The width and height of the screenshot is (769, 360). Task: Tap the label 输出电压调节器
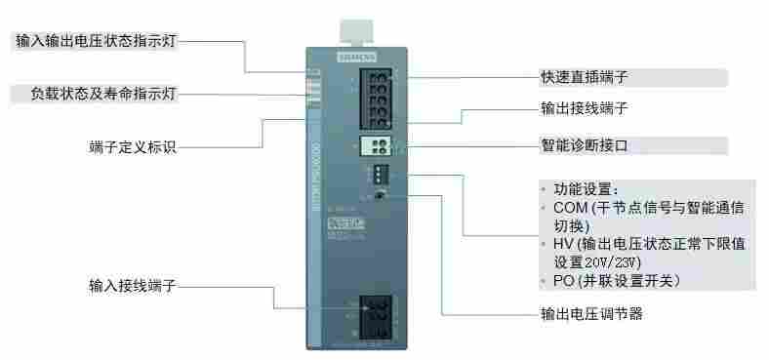pos(592,314)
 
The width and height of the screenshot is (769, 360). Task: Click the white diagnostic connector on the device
pos(376,146)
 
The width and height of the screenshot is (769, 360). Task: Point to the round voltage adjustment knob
pos(377,196)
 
